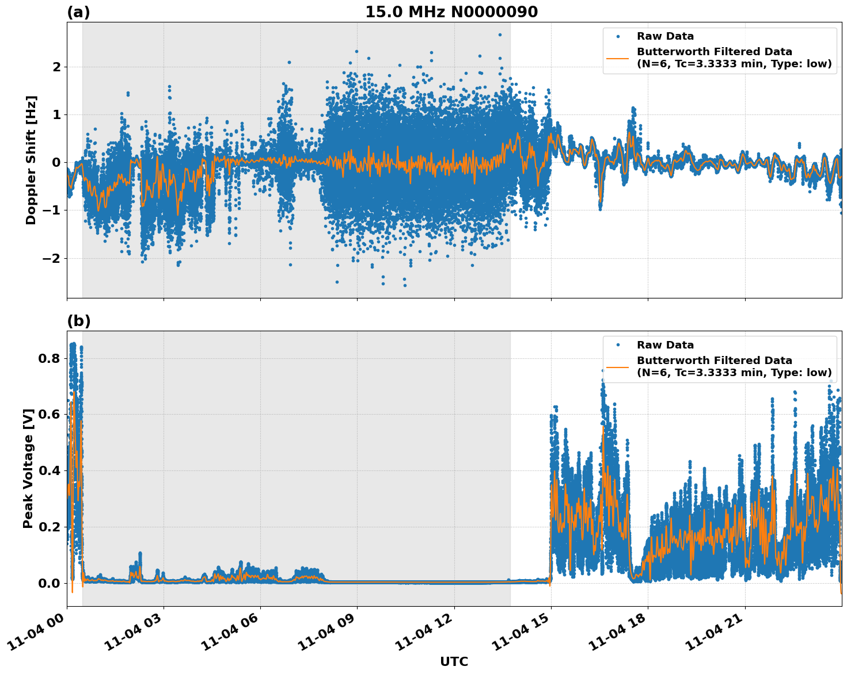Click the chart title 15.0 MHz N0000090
click(x=451, y=12)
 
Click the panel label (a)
click(x=78, y=12)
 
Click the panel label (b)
click(x=78, y=321)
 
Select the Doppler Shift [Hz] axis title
click(x=31, y=160)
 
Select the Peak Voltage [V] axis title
click(x=28, y=468)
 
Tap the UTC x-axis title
click(x=454, y=661)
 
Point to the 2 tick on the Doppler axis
click(x=56, y=67)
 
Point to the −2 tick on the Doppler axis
click(x=52, y=258)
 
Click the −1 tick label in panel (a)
click(x=52, y=210)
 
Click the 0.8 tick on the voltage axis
click(x=50, y=359)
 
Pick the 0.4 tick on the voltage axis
click(x=50, y=471)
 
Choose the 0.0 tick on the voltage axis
click(x=50, y=583)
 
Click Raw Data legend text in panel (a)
click(x=665, y=36)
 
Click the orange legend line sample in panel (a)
click(x=618, y=58)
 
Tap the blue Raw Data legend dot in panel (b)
click(x=618, y=345)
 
